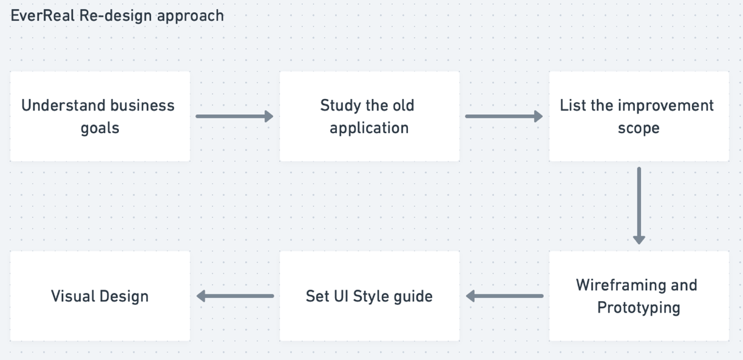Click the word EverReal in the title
point(42,16)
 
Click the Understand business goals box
point(100,117)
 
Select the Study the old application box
point(370,117)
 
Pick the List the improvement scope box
point(639,117)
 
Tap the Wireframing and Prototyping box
point(639,296)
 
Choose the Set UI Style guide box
point(370,296)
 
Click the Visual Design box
point(100,296)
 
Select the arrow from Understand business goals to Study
point(234,117)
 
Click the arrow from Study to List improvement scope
point(504,117)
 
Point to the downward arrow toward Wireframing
point(639,206)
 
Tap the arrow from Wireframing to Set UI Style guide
point(504,296)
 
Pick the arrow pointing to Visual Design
point(235,296)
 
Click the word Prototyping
point(639,308)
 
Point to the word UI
point(341,296)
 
